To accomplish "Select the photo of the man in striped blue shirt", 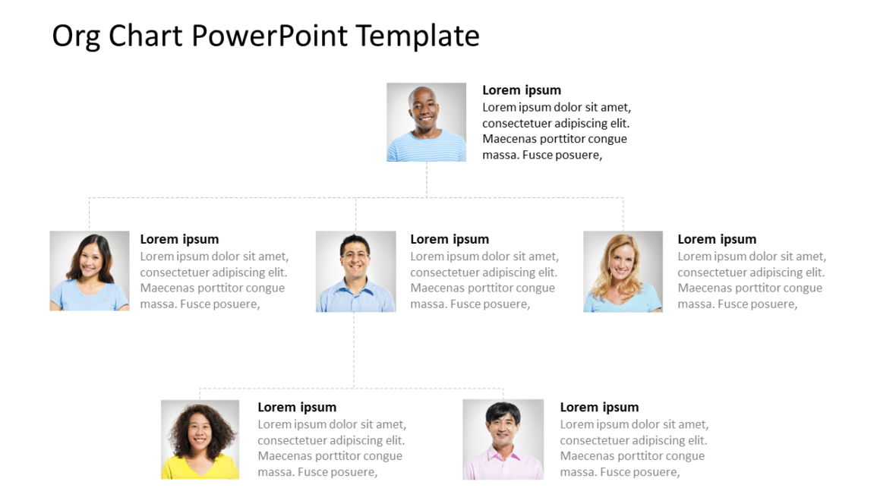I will point(426,122).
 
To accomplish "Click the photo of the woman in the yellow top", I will point(200,439).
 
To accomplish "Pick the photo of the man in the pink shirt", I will point(503,439).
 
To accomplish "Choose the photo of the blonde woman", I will point(623,272).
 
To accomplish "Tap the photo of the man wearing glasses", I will point(355,272).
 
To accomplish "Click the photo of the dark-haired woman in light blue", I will point(90,271).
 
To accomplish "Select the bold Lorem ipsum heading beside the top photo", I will point(522,90).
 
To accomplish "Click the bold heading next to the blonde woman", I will point(717,239).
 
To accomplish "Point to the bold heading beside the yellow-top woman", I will point(297,408).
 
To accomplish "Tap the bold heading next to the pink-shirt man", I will point(599,408).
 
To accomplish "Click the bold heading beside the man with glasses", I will point(450,239).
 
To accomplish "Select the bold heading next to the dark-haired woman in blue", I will point(179,239).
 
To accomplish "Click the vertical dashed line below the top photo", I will point(427,179).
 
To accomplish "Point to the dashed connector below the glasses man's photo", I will point(354,349).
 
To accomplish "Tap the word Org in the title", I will point(76,36).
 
